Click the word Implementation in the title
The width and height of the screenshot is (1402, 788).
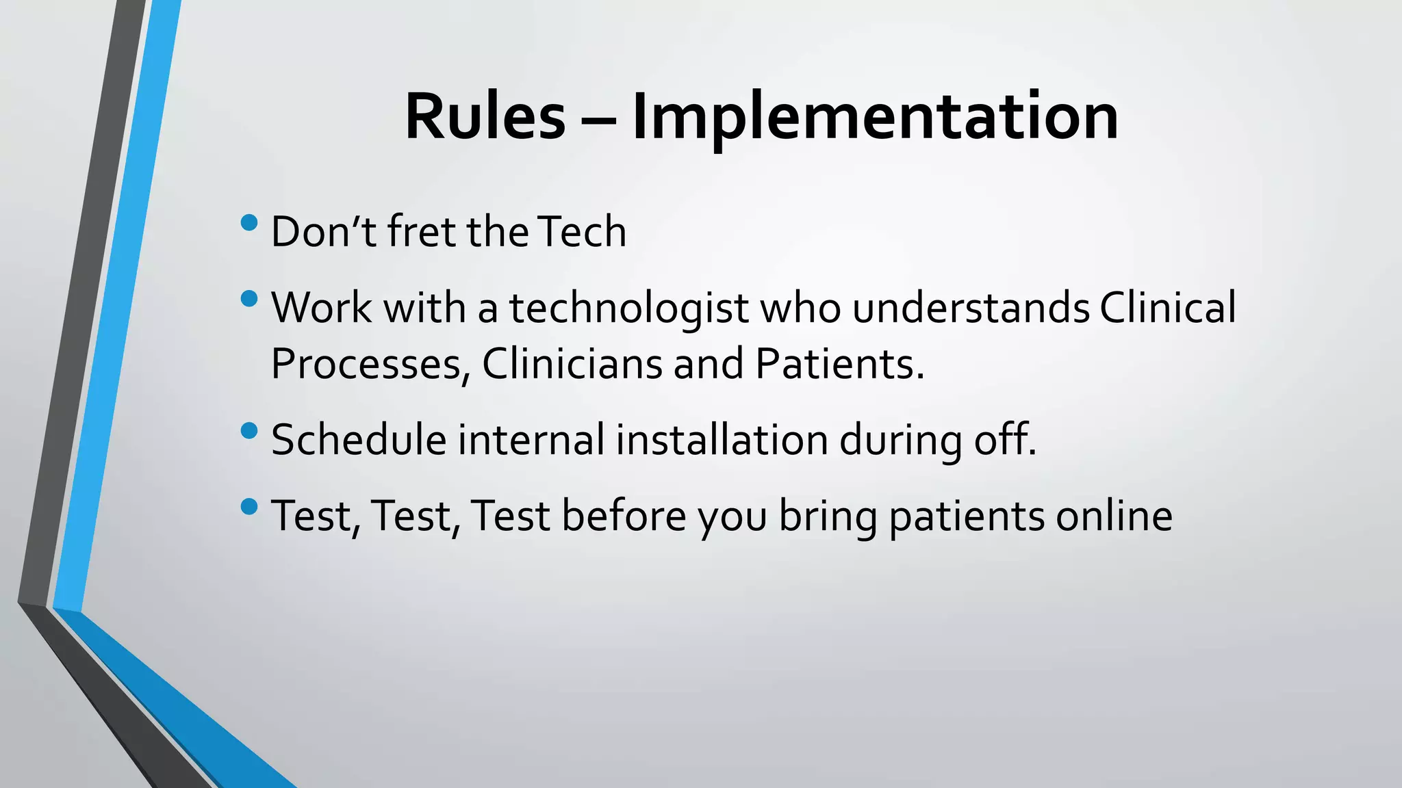click(875, 117)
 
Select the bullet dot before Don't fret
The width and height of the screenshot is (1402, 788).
click(250, 222)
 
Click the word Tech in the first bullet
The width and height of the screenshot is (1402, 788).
click(582, 232)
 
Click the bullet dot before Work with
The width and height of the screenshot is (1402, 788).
click(250, 298)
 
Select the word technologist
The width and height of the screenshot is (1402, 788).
click(628, 308)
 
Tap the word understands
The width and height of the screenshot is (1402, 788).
click(970, 308)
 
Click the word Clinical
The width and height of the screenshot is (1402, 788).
click(1168, 308)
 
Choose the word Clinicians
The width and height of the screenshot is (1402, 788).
click(572, 364)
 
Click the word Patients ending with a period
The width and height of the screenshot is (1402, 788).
click(839, 364)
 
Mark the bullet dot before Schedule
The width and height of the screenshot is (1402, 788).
click(250, 430)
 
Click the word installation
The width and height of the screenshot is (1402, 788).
click(722, 440)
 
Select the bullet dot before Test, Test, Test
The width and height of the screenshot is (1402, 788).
click(250, 506)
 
